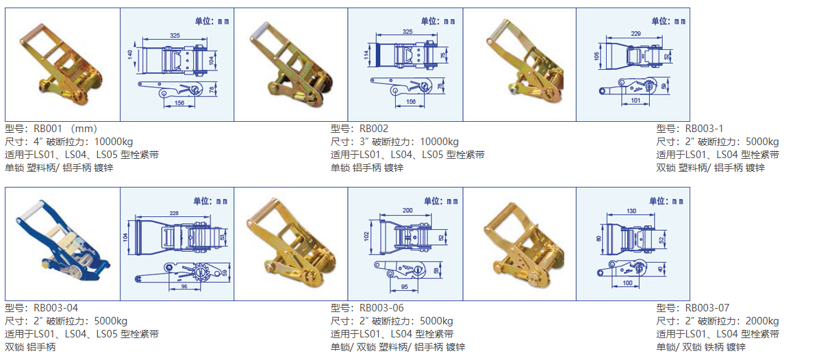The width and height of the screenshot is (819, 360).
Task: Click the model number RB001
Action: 49,129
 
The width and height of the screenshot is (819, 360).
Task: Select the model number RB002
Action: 374,129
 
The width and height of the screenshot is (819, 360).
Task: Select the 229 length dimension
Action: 635,33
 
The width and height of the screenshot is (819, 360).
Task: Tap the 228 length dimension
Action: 174,213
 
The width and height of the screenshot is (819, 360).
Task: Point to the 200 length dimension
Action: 408,209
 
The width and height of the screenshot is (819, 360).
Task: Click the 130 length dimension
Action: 631,211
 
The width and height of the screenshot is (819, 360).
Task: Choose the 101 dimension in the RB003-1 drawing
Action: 635,101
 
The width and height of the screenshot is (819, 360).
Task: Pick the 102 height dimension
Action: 366,236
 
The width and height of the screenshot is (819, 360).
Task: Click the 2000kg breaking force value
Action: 759,322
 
